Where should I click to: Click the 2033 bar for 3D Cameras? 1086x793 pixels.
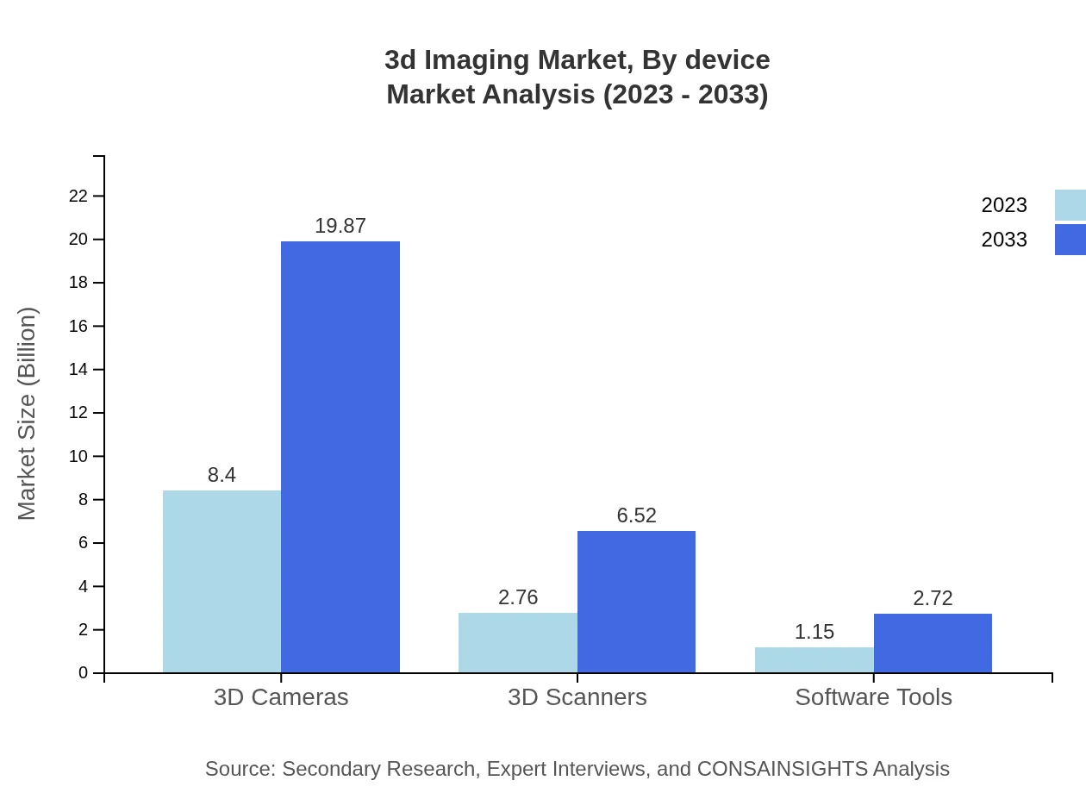coord(340,457)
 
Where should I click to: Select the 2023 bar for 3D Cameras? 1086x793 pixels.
coord(222,582)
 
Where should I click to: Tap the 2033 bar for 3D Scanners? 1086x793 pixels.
coord(636,602)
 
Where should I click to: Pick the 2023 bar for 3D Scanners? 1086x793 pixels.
coord(518,643)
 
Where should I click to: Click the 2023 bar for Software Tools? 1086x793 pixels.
coord(814,660)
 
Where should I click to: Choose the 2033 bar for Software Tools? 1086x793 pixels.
coord(933,643)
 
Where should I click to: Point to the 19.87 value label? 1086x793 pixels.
coord(340,226)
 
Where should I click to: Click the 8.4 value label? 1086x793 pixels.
coord(222,475)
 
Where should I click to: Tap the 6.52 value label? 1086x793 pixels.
coord(636,515)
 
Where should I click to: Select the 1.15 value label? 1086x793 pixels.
coord(814,632)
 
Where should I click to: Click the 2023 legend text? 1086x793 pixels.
coord(1004,205)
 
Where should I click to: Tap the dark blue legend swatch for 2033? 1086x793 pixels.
coord(1070,240)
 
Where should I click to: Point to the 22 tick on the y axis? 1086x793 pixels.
coord(78,197)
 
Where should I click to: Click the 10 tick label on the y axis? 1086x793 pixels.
coord(78,457)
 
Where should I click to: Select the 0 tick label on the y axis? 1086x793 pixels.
coord(84,673)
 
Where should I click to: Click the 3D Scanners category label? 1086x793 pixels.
coord(577,697)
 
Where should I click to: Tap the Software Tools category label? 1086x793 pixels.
coord(873,697)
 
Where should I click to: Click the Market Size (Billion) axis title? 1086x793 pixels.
coord(27,414)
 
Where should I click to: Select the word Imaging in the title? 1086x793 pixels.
coord(477,60)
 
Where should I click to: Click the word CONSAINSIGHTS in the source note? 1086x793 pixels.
coord(781,769)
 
